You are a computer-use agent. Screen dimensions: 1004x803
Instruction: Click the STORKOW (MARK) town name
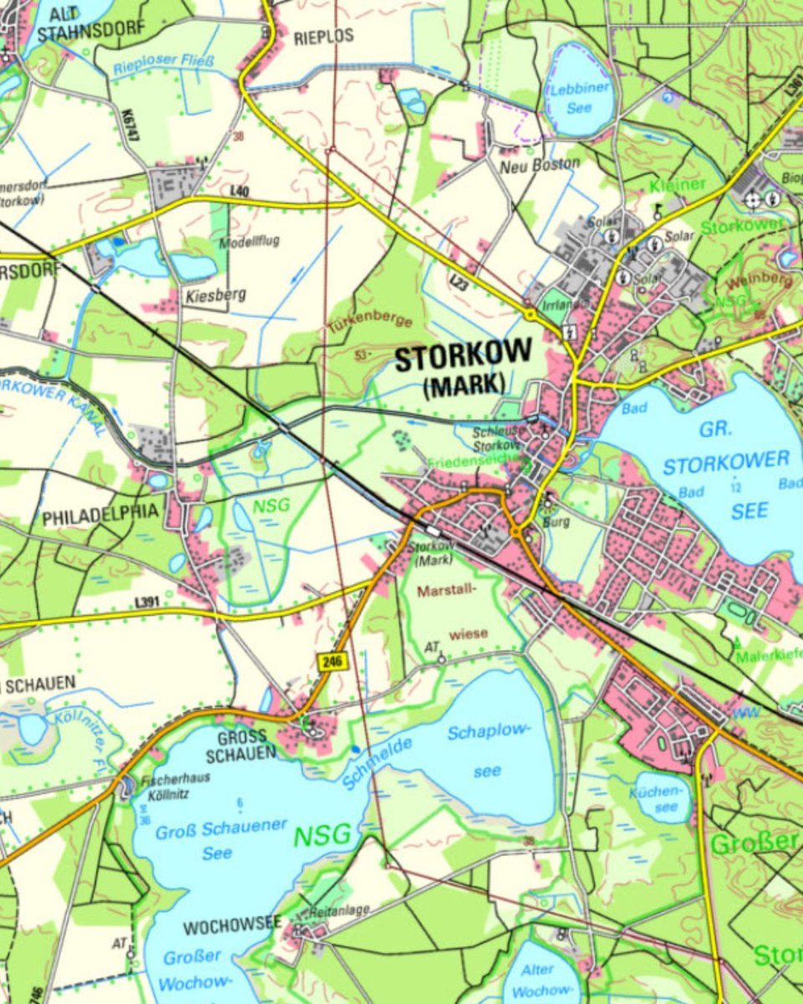pyautogui.click(x=463, y=368)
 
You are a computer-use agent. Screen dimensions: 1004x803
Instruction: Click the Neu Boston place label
pyautogui.click(x=539, y=165)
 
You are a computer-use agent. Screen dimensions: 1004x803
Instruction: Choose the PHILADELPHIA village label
pyautogui.click(x=100, y=517)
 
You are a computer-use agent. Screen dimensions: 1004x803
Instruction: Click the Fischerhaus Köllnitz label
pyautogui.click(x=176, y=785)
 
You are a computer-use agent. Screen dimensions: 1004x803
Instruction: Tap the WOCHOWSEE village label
pyautogui.click(x=233, y=925)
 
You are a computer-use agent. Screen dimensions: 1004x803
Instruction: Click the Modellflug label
pyautogui.click(x=248, y=242)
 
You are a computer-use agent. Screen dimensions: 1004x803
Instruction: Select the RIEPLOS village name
pyautogui.click(x=324, y=36)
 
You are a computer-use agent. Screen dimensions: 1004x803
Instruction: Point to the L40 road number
pyautogui.click(x=239, y=192)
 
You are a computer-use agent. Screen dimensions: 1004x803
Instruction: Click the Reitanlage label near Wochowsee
pyautogui.click(x=339, y=909)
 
